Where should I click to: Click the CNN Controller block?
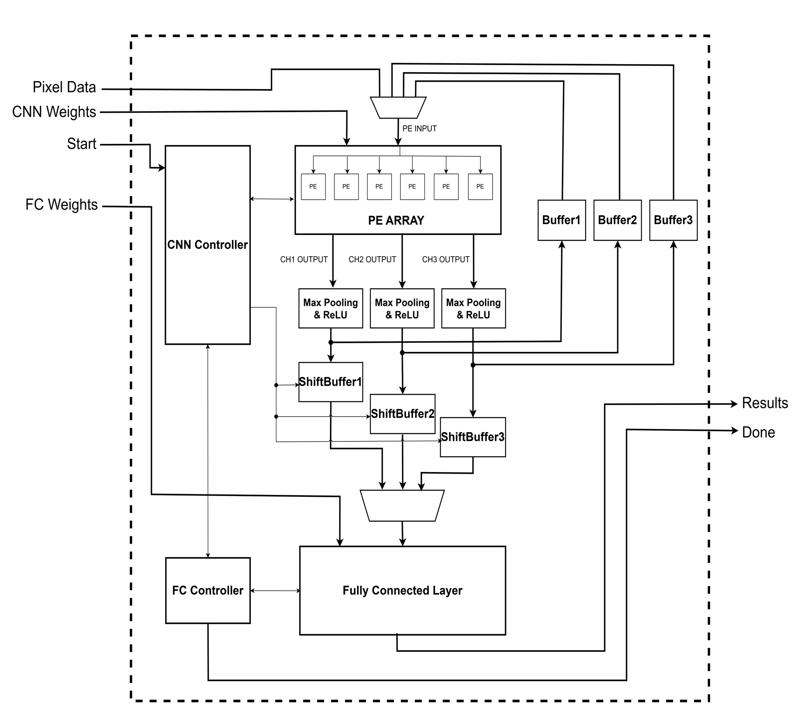point(208,244)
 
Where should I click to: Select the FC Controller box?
point(208,590)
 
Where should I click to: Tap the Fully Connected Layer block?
point(402,590)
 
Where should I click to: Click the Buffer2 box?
point(617,220)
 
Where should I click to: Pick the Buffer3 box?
point(673,220)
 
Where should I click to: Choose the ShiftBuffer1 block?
point(330,381)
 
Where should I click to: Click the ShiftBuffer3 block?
point(473,437)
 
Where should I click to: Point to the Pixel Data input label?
point(64,87)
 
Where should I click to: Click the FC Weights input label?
point(62,205)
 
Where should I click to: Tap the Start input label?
point(81,144)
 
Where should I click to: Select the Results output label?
point(765,403)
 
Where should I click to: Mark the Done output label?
point(758,432)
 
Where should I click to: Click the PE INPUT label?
point(419,128)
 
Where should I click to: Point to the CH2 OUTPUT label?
point(372,260)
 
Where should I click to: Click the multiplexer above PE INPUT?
point(398,108)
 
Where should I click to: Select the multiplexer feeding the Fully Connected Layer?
point(402,505)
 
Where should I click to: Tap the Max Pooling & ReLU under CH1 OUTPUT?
point(330,308)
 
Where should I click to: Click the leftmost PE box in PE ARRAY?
point(313,187)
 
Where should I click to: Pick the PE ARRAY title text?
point(396,220)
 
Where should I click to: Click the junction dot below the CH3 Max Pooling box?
point(473,365)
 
